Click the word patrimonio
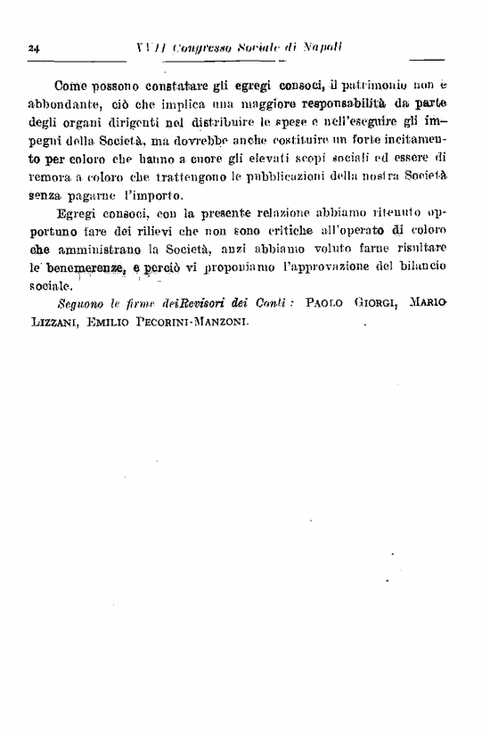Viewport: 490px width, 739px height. (381, 86)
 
